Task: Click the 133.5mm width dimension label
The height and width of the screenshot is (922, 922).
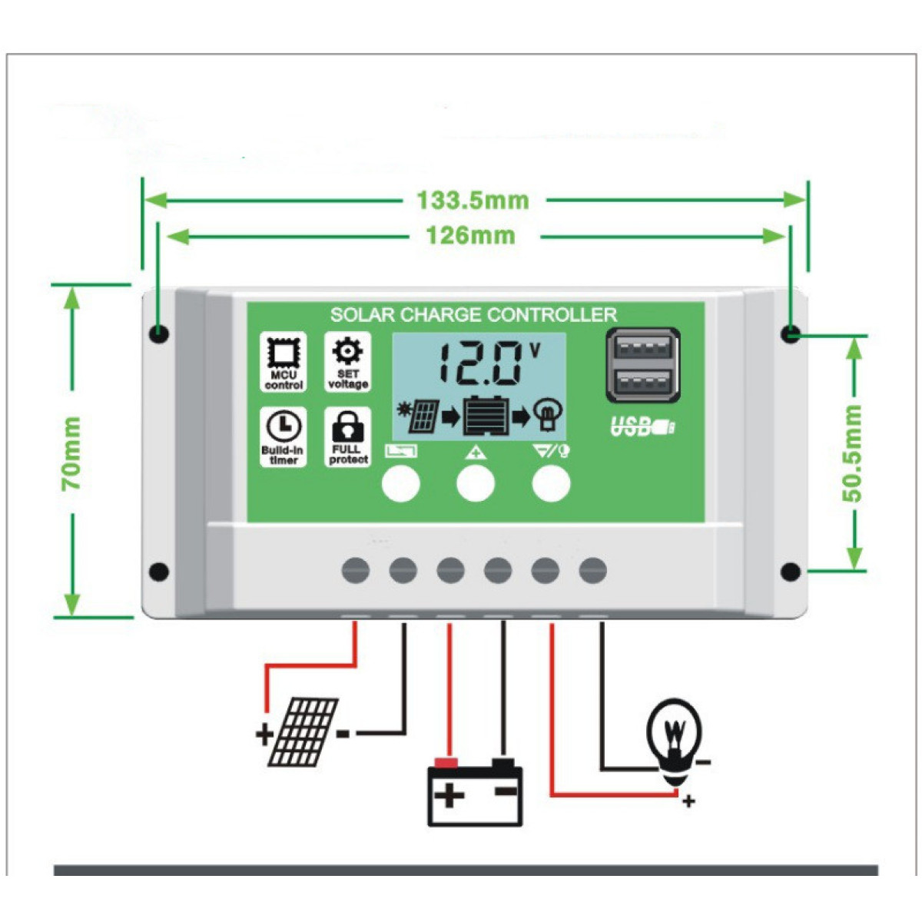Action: [473, 201]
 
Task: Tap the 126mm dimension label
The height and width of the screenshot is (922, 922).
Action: [470, 235]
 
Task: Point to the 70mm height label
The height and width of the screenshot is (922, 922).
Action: [71, 453]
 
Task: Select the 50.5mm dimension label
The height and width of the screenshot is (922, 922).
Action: [852, 453]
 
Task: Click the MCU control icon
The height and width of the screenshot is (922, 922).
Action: [284, 362]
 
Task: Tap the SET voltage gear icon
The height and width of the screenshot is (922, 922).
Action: [348, 362]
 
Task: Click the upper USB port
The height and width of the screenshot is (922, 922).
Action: [642, 347]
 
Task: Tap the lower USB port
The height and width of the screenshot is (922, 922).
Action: [642, 381]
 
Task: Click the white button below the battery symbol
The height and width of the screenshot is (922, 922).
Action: [401, 484]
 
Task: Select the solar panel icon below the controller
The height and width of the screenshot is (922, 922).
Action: [303, 731]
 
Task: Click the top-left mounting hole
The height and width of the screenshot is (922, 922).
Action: [160, 333]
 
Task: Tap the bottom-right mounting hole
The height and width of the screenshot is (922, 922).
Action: [790, 572]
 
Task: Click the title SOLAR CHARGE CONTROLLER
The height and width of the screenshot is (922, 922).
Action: [473, 315]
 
